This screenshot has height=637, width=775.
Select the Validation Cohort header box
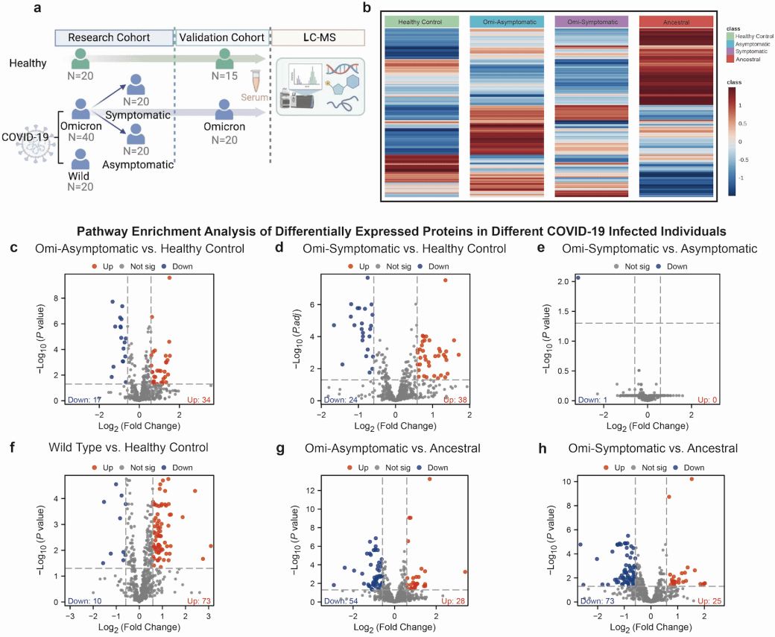[221, 38]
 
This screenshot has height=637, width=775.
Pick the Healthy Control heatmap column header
[421, 22]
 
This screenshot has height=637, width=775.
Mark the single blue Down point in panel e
[578, 278]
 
